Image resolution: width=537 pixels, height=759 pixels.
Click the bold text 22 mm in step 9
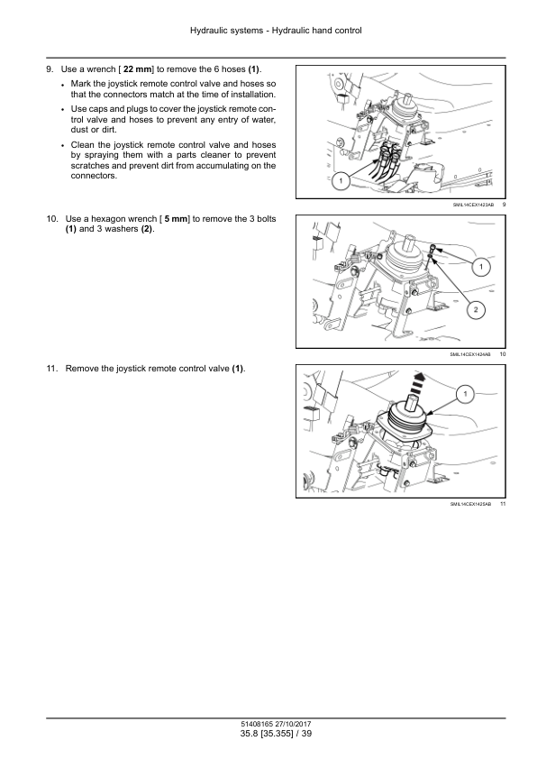click(x=138, y=69)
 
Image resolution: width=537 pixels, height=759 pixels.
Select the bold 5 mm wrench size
click(x=176, y=219)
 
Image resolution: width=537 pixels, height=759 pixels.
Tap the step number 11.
click(x=52, y=369)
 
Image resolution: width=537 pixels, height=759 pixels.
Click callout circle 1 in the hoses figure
click(x=341, y=181)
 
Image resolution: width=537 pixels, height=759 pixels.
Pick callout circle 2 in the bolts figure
click(x=476, y=310)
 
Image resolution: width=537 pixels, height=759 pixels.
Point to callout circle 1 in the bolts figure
click(x=481, y=267)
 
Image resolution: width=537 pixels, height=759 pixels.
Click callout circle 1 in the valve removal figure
click(x=466, y=394)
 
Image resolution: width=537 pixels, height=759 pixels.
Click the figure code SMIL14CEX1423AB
click(x=473, y=205)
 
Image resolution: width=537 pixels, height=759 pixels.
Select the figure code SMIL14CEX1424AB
click(x=470, y=354)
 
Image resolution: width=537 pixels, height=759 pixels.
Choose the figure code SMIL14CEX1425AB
click(x=470, y=505)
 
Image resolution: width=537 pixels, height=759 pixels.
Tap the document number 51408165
click(x=257, y=724)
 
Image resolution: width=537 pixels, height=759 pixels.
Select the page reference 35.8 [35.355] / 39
click(x=276, y=734)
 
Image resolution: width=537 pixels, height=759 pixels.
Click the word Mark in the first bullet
click(x=81, y=84)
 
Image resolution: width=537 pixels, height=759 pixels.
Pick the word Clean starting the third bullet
click(x=83, y=145)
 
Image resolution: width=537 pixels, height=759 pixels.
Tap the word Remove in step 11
click(x=81, y=369)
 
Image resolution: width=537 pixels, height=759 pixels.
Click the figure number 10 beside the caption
click(x=503, y=354)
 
